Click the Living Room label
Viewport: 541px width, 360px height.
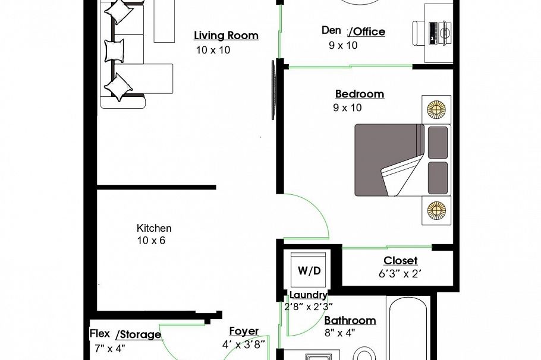[226, 36]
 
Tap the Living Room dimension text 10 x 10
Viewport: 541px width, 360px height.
[213, 50]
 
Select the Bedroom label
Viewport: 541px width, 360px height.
[359, 94]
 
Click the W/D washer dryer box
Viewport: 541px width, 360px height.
[309, 271]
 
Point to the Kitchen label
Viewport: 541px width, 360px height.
[154, 228]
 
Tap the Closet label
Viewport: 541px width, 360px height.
[400, 261]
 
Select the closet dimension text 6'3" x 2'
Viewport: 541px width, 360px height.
[400, 274]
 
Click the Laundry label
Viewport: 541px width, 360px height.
[308, 295]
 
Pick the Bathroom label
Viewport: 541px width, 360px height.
[350, 321]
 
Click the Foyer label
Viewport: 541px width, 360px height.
[244, 331]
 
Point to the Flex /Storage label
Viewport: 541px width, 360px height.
[125, 334]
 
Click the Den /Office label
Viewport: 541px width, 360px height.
[353, 31]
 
